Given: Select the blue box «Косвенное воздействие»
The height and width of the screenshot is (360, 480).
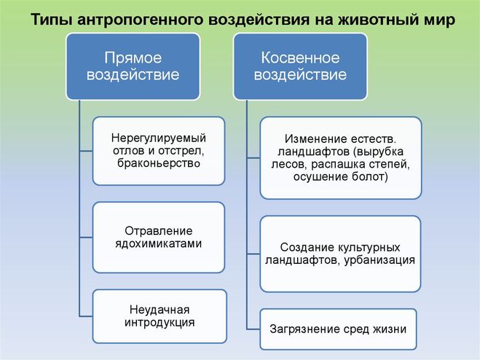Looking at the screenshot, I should (299, 66).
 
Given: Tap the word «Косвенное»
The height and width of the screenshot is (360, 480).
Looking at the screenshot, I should (299, 57).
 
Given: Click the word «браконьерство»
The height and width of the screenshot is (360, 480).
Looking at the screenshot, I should (158, 164).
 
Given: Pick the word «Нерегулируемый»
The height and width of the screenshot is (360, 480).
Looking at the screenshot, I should (158, 137).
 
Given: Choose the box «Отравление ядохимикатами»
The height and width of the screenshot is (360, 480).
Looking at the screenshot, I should (158, 237).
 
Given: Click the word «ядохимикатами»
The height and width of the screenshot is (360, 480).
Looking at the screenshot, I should (158, 244).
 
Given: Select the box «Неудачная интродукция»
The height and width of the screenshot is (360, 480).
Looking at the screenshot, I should (158, 315).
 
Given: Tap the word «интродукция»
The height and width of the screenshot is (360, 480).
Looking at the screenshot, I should (158, 321).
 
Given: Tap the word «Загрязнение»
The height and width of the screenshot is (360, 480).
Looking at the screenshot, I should (304, 329).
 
